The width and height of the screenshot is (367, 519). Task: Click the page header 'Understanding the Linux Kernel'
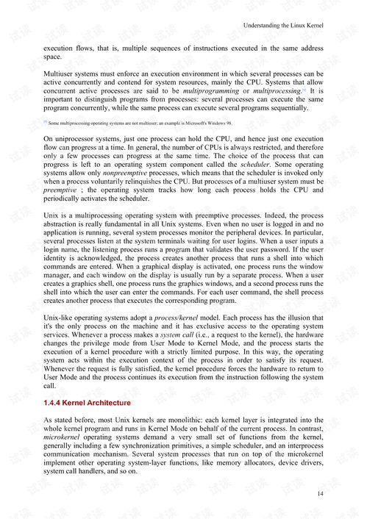283,26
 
